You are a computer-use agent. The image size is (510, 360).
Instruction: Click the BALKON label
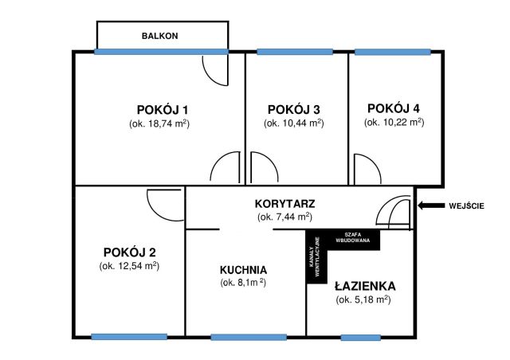159,36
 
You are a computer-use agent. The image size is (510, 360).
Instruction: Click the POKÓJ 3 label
294,109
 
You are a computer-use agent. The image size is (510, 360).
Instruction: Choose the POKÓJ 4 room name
394,108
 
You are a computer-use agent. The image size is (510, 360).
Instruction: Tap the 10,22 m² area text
394,123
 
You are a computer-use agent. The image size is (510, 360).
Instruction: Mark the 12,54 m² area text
130,266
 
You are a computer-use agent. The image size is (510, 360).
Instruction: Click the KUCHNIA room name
244,269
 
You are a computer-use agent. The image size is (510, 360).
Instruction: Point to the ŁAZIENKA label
363,285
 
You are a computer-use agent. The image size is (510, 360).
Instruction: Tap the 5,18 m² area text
363,299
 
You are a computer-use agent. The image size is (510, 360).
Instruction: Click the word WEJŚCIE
466,206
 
